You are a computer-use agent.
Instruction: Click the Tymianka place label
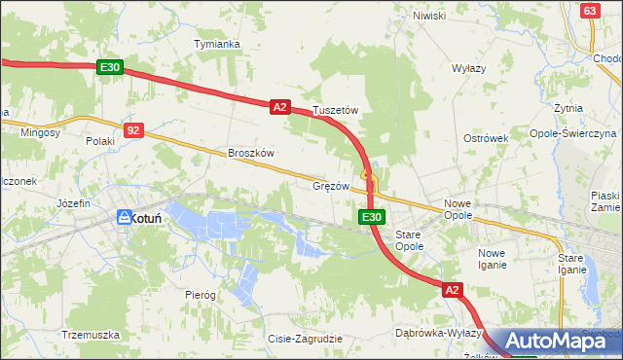[217, 45]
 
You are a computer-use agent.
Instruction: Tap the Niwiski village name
[428, 16]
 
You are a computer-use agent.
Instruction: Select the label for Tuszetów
[336, 111]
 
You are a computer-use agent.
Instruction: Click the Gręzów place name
[331, 185]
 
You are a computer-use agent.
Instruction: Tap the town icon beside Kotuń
[124, 218]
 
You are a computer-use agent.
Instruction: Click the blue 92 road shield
[134, 128]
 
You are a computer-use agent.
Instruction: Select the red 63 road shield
[588, 10]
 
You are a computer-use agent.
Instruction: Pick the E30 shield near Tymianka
[109, 67]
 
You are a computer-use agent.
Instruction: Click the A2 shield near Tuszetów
[279, 107]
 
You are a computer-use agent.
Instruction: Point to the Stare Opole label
[409, 241]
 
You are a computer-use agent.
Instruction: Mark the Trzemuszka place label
[90, 334]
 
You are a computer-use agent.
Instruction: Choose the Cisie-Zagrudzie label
[305, 339]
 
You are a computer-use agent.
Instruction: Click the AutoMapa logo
[559, 341]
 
